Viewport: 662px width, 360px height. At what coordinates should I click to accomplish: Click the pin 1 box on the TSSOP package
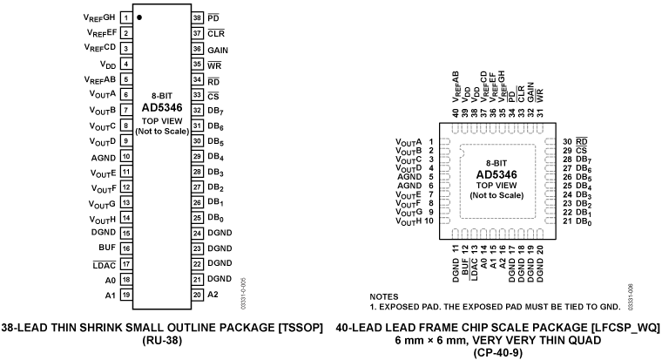coord(126,17)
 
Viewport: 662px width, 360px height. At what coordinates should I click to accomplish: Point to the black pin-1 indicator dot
coord(140,17)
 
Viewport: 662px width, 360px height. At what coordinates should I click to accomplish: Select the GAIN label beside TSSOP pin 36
coord(218,49)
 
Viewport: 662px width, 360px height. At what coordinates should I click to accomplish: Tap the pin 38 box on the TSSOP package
coord(197,17)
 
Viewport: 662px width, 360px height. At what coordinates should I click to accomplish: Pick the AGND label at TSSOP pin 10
coord(103,157)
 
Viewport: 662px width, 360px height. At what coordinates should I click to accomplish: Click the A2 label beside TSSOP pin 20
coord(213,295)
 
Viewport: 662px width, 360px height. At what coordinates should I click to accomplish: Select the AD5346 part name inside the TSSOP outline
coord(161,107)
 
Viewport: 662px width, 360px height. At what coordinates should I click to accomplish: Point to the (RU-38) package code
coord(162,343)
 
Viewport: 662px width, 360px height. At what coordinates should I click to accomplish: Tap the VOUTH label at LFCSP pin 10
coord(409,221)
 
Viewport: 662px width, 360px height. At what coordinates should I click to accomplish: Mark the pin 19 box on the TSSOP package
coord(126,295)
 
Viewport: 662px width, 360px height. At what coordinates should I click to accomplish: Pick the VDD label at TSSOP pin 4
coord(108,65)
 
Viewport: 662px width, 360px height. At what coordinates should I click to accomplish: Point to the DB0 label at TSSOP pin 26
coord(216,218)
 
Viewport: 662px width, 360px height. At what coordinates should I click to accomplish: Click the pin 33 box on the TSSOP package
coord(197,95)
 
